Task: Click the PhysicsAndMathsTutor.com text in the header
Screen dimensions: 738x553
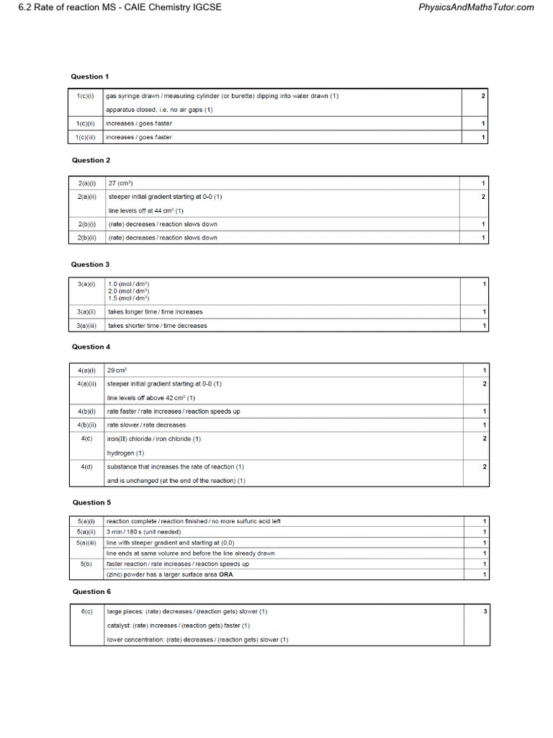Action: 476,7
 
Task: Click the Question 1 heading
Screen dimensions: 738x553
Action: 90,76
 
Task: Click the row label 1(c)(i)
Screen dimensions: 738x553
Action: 86,96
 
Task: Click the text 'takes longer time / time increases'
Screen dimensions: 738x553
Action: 156,312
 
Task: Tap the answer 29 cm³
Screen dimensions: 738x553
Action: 117,370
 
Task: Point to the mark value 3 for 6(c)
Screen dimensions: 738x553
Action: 485,611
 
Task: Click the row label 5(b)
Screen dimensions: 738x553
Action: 87,564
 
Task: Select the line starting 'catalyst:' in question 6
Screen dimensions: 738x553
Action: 179,626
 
